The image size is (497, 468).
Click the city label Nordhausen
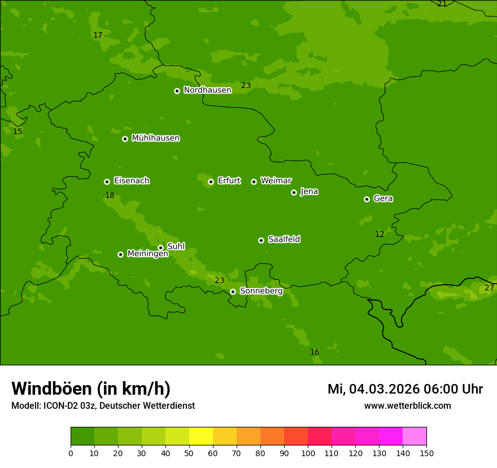pos(207,90)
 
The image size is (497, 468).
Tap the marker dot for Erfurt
pos(211,182)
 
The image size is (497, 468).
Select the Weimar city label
pos(276,181)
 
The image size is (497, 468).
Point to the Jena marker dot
pos(294,192)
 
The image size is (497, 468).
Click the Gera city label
pos(383,198)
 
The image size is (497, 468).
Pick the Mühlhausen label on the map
pos(155,138)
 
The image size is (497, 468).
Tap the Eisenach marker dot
pos(107,182)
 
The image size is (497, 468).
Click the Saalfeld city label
pos(284,240)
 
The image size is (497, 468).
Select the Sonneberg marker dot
pos(233,292)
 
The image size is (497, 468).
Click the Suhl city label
pos(176,246)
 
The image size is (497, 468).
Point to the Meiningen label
pos(147,254)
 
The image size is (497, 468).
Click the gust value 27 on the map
pos(489,288)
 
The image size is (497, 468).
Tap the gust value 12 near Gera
pos(380,234)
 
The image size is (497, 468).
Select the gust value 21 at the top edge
pos(442,4)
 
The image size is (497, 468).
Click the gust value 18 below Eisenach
pos(110,196)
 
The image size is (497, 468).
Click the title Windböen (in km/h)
pos(90,388)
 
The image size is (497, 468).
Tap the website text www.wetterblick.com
pos(407,406)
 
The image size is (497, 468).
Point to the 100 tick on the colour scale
pos(308,453)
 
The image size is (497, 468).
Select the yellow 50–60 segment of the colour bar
pos(201,436)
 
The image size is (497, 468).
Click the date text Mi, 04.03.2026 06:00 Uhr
pos(405,389)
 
